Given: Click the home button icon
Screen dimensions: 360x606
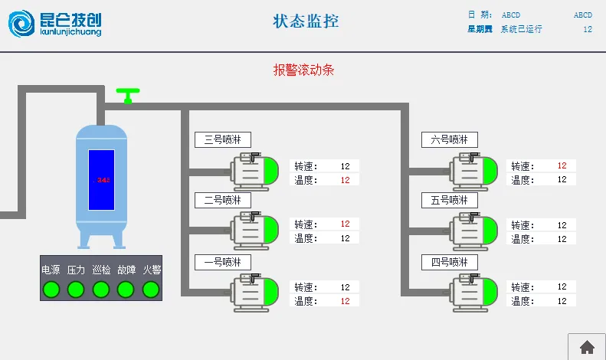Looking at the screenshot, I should (x=587, y=347).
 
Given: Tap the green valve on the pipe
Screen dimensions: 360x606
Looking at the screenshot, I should (x=128, y=95).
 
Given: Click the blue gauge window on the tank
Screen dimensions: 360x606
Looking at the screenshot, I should (x=101, y=180).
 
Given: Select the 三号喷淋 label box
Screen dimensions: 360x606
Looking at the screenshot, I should (x=222, y=139).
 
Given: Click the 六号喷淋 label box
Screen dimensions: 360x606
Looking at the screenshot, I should (x=449, y=139).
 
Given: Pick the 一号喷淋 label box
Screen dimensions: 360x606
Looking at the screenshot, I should (x=222, y=262).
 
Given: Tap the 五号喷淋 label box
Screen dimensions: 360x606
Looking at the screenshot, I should (x=449, y=200).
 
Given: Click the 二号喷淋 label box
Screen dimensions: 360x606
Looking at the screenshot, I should (x=222, y=200).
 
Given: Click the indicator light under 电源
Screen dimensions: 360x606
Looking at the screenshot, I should (x=51, y=290).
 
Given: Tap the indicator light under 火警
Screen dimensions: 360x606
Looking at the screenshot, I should (x=151, y=290).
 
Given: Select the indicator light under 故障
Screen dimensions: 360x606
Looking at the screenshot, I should (x=126, y=290).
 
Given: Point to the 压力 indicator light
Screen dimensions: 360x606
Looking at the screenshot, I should (x=76, y=290).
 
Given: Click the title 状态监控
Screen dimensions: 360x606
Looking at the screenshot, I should (x=306, y=21).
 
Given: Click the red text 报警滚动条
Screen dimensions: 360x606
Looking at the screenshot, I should (x=303, y=70).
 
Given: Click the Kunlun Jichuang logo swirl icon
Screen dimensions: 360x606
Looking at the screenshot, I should (x=22, y=23).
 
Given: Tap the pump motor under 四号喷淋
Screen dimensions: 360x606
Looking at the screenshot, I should (x=474, y=293).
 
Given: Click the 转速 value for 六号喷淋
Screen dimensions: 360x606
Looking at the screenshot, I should (x=562, y=165).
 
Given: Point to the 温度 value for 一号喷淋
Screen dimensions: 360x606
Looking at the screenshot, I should (x=345, y=301).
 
